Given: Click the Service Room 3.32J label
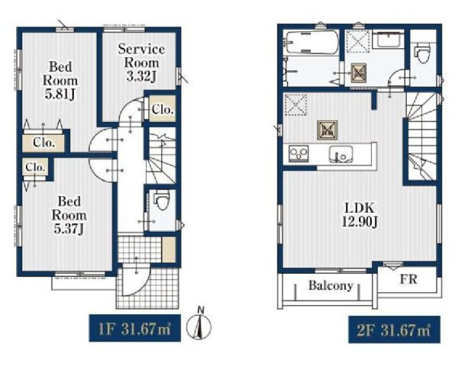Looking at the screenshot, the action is pyautogui.click(x=141, y=63).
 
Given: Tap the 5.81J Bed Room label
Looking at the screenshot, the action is pyautogui.click(x=60, y=81).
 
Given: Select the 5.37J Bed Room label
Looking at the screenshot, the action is pyautogui.click(x=69, y=215).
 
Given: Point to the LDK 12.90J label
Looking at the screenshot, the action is pyautogui.click(x=360, y=214).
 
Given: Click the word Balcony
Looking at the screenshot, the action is pyautogui.click(x=331, y=285).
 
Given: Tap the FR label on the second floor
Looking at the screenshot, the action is pyautogui.click(x=408, y=279).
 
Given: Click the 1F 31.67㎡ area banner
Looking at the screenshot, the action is pyautogui.click(x=134, y=328).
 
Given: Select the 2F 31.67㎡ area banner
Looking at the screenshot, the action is pyautogui.click(x=394, y=329).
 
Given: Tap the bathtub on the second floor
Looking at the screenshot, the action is pyautogui.click(x=312, y=43).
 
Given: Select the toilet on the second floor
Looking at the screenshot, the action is pyautogui.click(x=423, y=53).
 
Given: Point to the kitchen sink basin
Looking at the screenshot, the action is pyautogui.click(x=341, y=154).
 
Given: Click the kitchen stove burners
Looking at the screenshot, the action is pyautogui.click(x=299, y=154).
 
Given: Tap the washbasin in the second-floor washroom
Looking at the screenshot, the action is pyautogui.click(x=389, y=39).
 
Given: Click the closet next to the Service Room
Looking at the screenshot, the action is pyautogui.click(x=162, y=108).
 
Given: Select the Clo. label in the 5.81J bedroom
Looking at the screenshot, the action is pyautogui.click(x=44, y=143).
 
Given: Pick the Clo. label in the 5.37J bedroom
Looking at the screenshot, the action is pyautogui.click(x=35, y=167).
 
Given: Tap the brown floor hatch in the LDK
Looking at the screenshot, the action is pyautogui.click(x=328, y=130).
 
